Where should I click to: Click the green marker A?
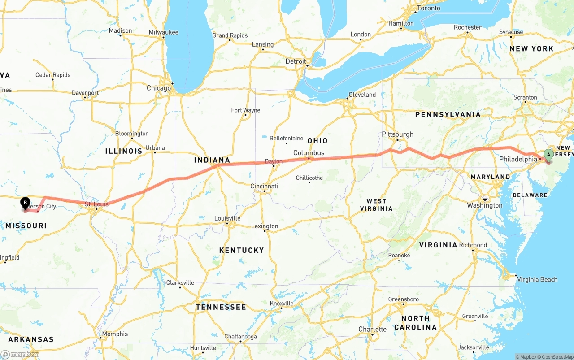548,155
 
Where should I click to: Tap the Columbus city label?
309,153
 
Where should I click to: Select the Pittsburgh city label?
397,134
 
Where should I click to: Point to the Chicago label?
159,88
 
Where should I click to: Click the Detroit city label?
296,61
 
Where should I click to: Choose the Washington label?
484,205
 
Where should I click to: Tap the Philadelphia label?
518,159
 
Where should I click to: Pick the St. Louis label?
96,204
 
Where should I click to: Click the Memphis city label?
115,334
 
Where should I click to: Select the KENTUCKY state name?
241,250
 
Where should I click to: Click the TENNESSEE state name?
221,308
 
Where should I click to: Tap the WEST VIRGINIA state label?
379,205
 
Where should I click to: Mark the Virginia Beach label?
537,279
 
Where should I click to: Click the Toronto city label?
428,9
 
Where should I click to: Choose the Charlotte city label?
372,329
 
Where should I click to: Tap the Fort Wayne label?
246,110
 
